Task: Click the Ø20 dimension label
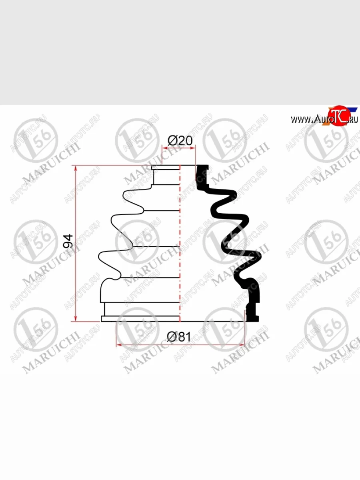(x=180, y=141)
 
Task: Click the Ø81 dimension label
(x=179, y=337)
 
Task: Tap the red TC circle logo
(x=339, y=116)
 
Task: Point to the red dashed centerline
(x=180, y=243)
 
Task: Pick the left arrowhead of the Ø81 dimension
(x=119, y=345)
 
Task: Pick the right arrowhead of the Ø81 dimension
(x=242, y=345)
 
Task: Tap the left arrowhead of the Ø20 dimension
(x=164, y=148)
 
